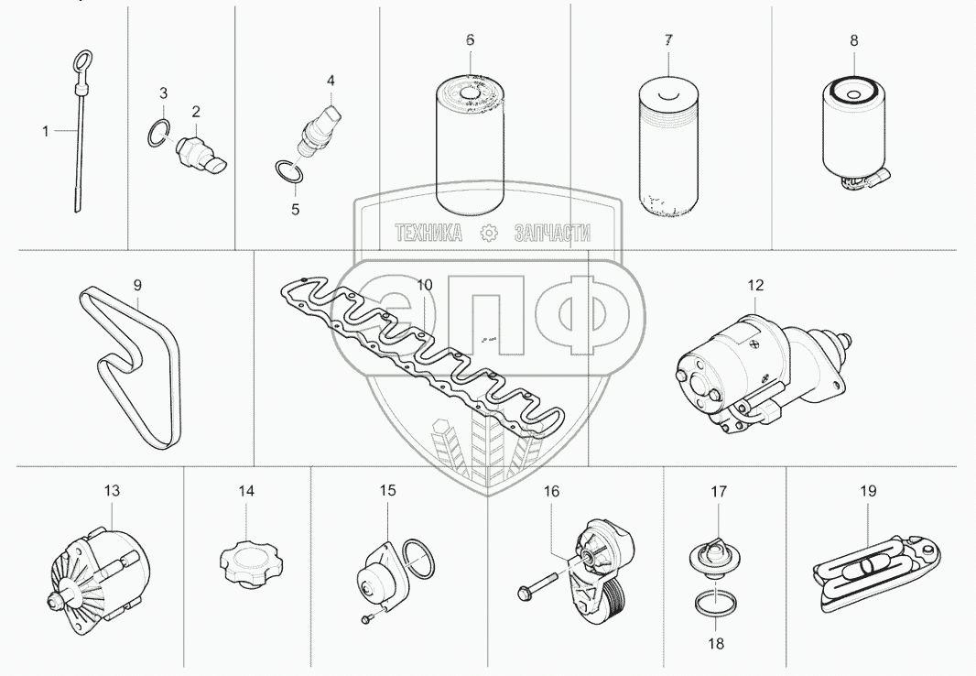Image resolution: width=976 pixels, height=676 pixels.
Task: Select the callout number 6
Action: (x=470, y=39)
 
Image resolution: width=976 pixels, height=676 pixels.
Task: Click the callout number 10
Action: (x=424, y=285)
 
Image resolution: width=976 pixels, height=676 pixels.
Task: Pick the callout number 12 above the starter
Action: (x=755, y=285)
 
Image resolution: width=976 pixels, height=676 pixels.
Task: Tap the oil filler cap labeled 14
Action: (x=246, y=562)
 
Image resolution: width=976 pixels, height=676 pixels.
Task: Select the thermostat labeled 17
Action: (x=714, y=555)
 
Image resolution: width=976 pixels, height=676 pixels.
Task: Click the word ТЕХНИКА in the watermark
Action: (x=428, y=233)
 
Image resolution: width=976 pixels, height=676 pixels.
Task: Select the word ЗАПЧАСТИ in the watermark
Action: (x=553, y=233)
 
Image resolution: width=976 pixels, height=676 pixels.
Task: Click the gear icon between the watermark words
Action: (x=489, y=233)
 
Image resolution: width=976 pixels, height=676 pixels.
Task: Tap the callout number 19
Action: (x=868, y=490)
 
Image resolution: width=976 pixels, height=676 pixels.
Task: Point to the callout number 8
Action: (x=854, y=40)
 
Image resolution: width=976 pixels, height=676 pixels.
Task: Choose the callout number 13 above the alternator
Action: (x=112, y=490)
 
